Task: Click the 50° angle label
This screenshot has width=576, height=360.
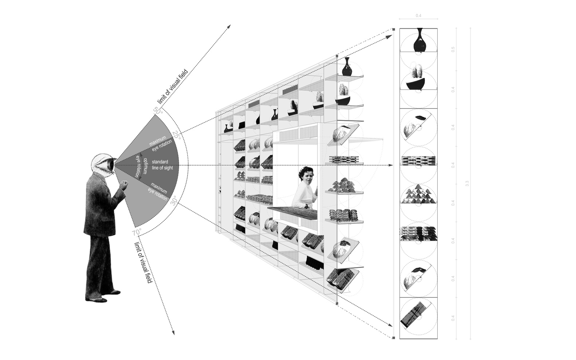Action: click(158, 110)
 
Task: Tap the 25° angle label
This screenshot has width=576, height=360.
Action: click(177, 135)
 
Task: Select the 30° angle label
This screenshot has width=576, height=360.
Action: click(174, 201)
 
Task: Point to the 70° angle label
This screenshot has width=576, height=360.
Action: click(137, 232)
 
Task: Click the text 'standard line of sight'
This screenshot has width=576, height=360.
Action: click(160, 165)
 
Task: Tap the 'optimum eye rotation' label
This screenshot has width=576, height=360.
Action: click(141, 167)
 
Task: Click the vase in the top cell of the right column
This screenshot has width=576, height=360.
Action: click(419, 41)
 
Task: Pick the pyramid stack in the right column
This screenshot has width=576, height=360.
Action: click(418, 194)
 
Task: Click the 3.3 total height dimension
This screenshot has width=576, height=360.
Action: click(467, 184)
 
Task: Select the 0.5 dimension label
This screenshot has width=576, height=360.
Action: click(453, 49)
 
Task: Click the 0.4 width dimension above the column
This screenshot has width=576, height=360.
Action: click(418, 16)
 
